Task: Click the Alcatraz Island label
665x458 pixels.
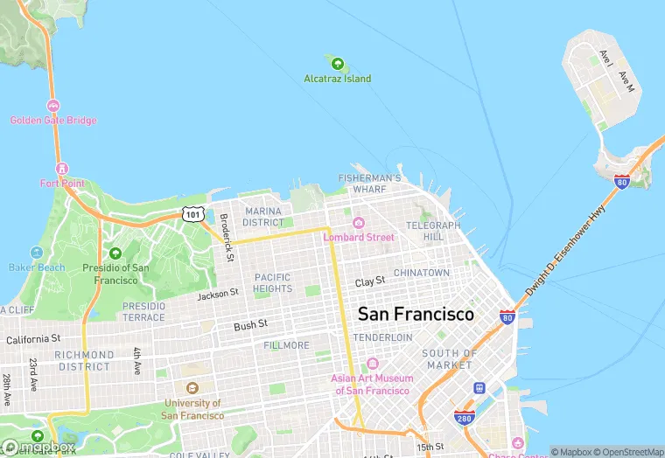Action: point(337,79)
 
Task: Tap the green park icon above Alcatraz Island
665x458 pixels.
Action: point(337,62)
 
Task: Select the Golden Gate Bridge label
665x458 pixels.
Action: point(53,121)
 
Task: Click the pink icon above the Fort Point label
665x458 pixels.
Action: point(61,168)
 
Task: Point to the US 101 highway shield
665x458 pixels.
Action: point(192,213)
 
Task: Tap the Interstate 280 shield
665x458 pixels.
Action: point(464,419)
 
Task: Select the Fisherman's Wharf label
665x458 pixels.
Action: point(369,184)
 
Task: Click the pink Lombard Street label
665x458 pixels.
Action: point(359,237)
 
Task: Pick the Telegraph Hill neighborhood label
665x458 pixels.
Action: point(432,231)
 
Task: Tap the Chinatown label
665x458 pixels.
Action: point(422,274)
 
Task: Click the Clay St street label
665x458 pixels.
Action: point(370,281)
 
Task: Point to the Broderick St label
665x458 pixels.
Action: point(226,238)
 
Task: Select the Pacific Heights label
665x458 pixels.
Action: point(272,283)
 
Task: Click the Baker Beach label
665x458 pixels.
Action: point(36,267)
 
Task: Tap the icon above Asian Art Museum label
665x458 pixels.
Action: point(372,364)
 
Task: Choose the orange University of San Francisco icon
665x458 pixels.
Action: point(192,388)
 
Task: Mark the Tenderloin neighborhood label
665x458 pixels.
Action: point(382,337)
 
